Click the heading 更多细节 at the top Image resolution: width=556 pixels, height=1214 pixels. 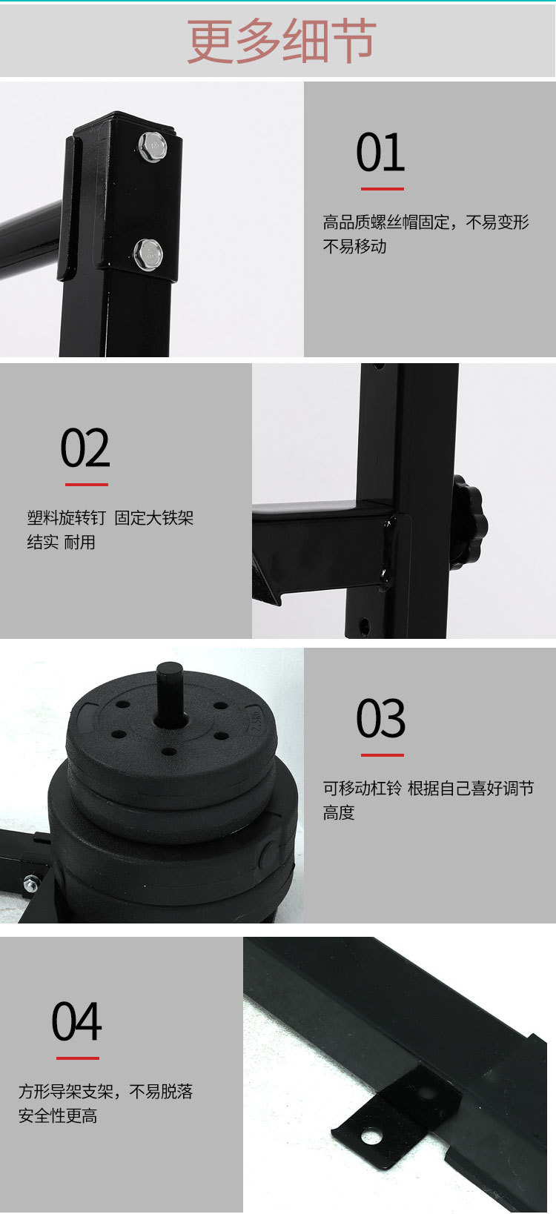[281, 42]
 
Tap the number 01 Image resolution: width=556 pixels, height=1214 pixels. [380, 153]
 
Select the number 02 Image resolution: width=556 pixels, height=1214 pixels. [85, 448]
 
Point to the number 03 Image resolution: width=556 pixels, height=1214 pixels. [380, 718]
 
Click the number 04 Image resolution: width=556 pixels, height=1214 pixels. [76, 1022]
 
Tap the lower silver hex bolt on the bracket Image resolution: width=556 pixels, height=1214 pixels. [149, 255]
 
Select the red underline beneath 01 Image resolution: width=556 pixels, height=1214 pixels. [382, 189]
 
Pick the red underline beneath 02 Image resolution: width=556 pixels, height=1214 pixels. [87, 485]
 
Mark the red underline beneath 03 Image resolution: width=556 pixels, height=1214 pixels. [382, 754]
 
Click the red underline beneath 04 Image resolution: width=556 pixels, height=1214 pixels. [77, 1058]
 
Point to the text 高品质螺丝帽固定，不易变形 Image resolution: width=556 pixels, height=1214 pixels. [426, 222]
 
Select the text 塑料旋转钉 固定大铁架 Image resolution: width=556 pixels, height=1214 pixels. [110, 518]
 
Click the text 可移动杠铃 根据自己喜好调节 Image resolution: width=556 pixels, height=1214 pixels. [428, 789]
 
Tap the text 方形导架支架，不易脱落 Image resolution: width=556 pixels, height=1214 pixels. [106, 1092]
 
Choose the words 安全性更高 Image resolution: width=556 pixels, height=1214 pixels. [58, 1116]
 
